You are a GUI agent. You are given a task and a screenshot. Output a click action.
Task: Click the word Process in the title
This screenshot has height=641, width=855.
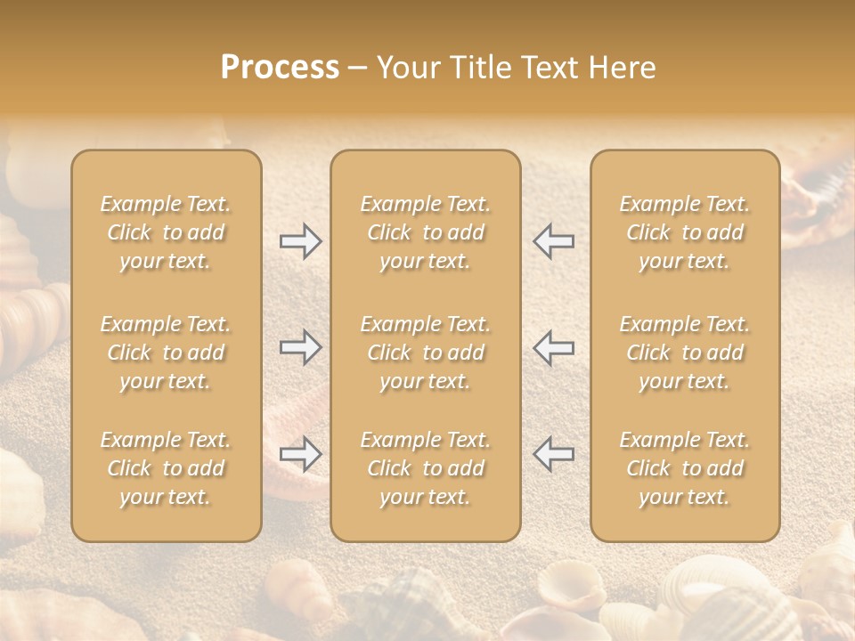(x=280, y=68)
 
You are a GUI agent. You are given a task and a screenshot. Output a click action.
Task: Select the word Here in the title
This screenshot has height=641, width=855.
(x=623, y=68)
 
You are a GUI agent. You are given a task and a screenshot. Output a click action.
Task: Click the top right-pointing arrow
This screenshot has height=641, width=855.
(x=300, y=241)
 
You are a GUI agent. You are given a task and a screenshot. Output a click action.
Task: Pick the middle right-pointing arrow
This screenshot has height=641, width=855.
(x=300, y=347)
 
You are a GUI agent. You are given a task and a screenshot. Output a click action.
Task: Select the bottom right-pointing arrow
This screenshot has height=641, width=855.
(x=300, y=454)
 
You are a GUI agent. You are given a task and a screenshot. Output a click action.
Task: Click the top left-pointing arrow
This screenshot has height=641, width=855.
(x=553, y=241)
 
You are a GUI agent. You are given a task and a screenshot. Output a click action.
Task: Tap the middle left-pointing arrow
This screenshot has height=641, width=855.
(x=553, y=347)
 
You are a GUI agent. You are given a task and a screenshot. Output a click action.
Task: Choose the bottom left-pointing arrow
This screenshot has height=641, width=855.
(x=553, y=454)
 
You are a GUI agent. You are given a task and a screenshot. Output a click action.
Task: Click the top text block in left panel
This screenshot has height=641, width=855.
(x=166, y=232)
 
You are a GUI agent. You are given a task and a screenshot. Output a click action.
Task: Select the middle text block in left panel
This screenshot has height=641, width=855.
(x=166, y=353)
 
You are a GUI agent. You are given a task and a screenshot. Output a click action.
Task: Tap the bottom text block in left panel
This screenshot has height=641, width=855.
(x=166, y=468)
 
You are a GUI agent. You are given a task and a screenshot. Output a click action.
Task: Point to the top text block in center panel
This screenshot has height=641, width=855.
(x=425, y=232)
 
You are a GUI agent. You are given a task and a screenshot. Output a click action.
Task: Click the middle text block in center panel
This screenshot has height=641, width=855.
(x=425, y=353)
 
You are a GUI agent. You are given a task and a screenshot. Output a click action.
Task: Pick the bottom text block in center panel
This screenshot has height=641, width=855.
(x=425, y=468)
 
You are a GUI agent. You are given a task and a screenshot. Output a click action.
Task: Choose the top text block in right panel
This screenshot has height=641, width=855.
(x=685, y=232)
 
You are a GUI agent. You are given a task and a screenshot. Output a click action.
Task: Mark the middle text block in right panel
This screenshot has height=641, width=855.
(x=685, y=353)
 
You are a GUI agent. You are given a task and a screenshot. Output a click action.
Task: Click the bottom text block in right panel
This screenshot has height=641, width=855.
(x=685, y=468)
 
